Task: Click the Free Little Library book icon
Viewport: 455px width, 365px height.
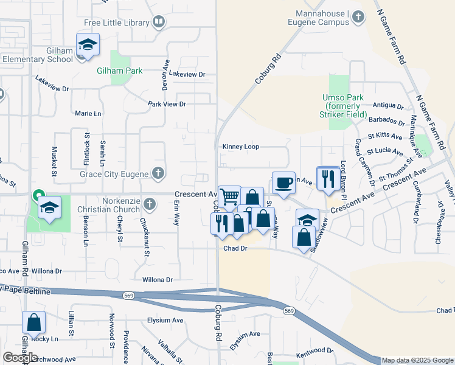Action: [159, 23]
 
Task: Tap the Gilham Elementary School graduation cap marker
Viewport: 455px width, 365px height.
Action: [88, 45]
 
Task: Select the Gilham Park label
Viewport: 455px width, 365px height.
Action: [120, 71]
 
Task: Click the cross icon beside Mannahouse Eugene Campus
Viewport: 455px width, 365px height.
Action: [359, 18]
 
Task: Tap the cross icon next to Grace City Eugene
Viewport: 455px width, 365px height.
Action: [158, 174]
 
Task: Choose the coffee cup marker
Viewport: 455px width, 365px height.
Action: [283, 184]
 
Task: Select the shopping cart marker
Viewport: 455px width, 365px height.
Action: [229, 197]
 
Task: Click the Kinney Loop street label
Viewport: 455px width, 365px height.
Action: [240, 147]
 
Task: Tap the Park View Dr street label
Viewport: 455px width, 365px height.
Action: [167, 104]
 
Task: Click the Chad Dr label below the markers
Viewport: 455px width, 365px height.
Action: [235, 248]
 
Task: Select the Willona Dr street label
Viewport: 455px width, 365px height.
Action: [157, 280]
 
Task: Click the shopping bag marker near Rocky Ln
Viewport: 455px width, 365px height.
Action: [34, 322]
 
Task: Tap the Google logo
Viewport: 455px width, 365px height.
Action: [21, 357]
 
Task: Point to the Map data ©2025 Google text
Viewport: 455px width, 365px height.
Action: [417, 360]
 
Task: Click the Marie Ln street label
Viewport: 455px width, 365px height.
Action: [88, 114]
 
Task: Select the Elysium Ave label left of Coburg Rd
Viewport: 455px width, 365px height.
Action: [165, 320]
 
